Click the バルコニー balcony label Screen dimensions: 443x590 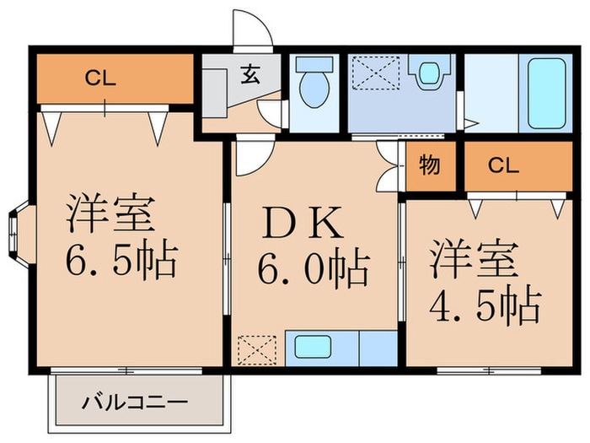pyautogui.click(x=135, y=402)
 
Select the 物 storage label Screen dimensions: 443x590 pyautogui.click(x=429, y=165)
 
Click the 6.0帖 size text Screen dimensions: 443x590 pyautogui.click(x=313, y=270)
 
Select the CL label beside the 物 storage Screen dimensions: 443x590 pyautogui.click(x=502, y=165)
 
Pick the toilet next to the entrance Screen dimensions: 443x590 pyautogui.click(x=314, y=87)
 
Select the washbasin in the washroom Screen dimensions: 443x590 pyautogui.click(x=430, y=73)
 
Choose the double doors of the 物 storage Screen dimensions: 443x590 pyautogui.click(x=389, y=166)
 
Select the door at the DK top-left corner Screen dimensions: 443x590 pyautogui.click(x=251, y=156)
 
